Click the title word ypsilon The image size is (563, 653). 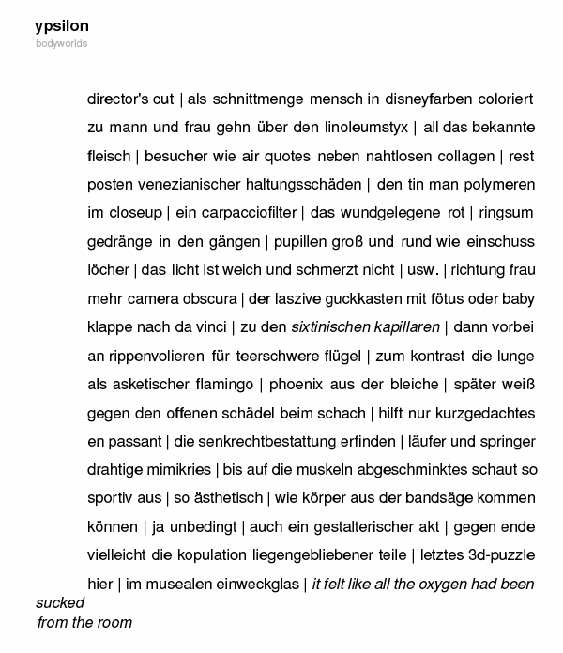(62, 26)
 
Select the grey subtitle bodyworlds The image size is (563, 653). (62, 43)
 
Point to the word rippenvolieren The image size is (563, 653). (150, 357)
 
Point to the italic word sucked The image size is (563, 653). (60, 602)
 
